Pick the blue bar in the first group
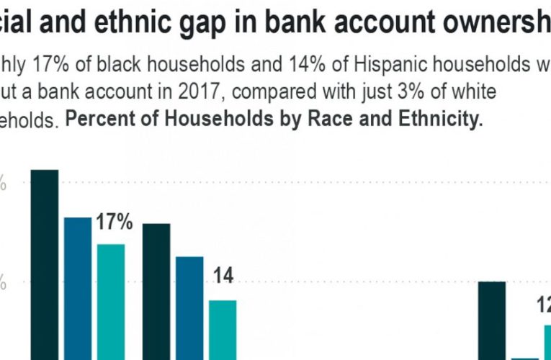(78, 288)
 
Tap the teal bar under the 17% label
(111, 302)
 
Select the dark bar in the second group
(156, 291)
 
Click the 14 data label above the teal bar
(224, 276)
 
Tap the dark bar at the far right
(492, 320)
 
